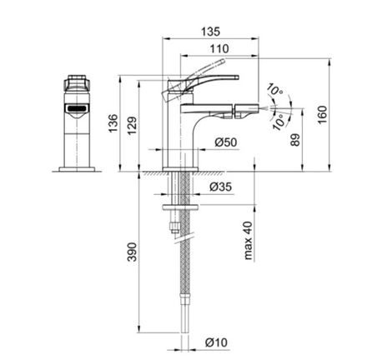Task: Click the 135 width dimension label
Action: (x=210, y=32)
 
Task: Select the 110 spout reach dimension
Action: (x=219, y=49)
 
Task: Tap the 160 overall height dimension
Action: (x=323, y=115)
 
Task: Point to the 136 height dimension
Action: (x=113, y=123)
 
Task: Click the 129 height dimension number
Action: (x=133, y=126)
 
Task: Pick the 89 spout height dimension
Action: (x=295, y=140)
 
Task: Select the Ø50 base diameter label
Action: (x=226, y=142)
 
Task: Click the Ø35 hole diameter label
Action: (x=220, y=187)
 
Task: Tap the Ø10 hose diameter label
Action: (x=216, y=342)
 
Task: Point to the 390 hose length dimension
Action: (x=133, y=252)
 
